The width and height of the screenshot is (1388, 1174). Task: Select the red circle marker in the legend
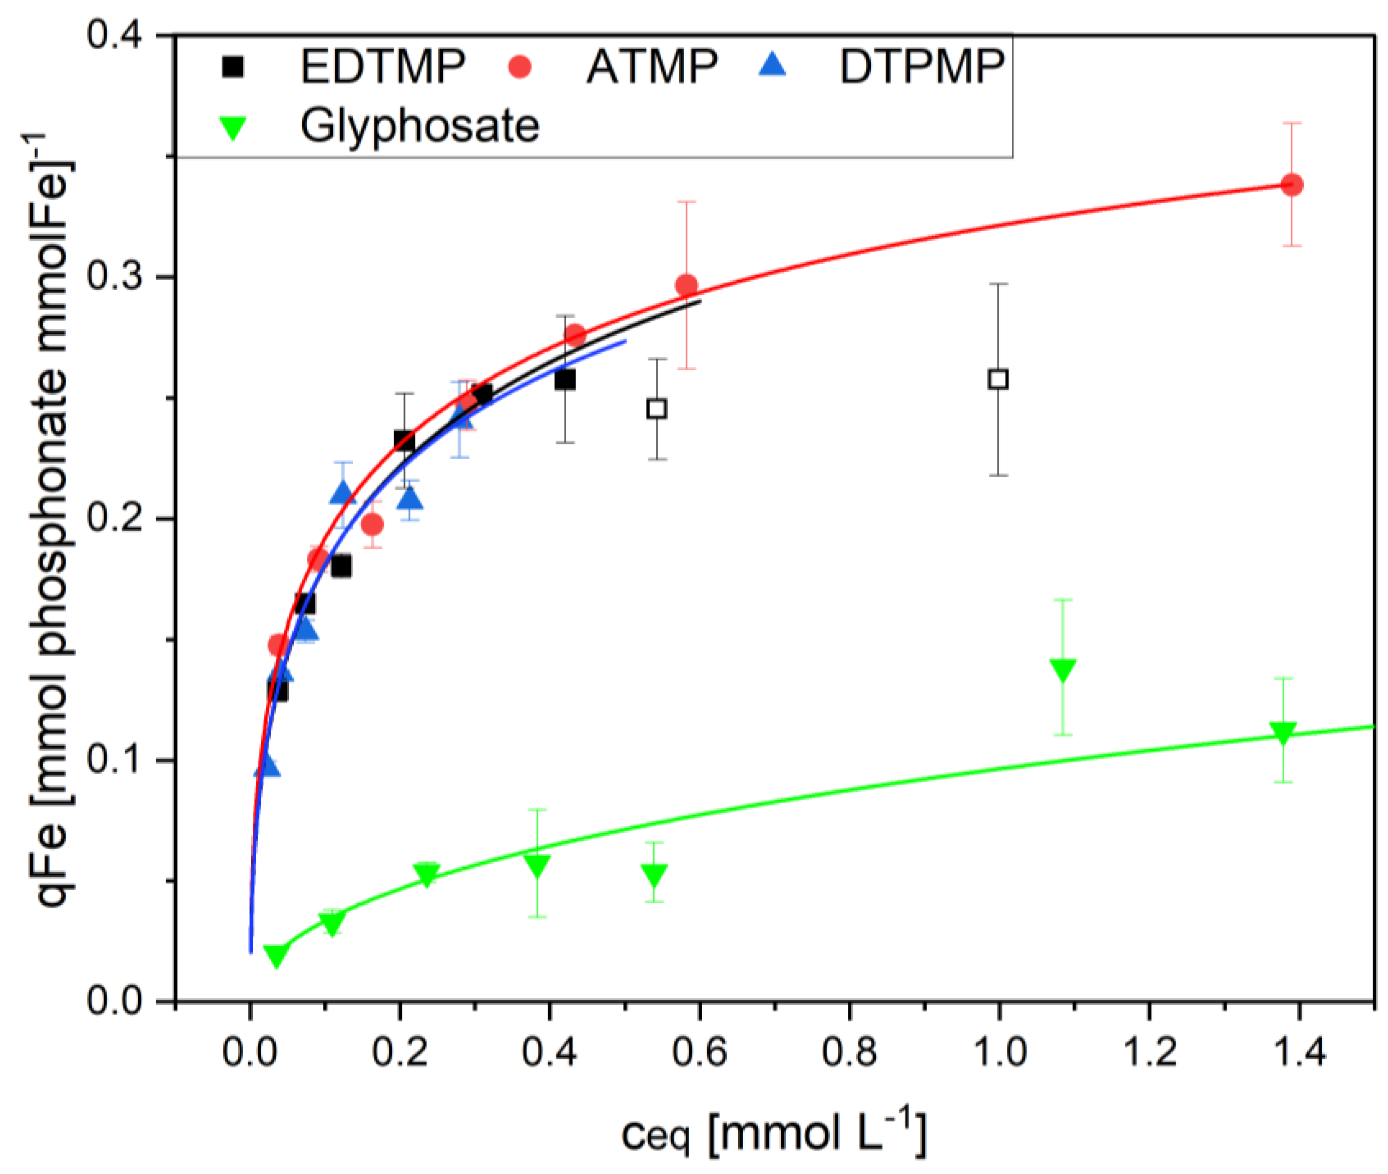point(520,67)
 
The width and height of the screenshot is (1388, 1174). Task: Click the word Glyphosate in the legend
point(419,125)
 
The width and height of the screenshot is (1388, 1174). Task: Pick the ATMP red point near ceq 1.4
point(1291,185)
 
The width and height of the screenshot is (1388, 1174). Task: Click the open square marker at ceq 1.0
point(998,380)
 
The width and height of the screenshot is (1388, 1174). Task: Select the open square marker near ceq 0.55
point(657,408)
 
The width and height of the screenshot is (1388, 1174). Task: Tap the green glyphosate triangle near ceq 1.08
point(1063,669)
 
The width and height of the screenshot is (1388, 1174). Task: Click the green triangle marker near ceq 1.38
point(1283,733)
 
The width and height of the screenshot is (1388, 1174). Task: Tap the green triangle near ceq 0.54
point(655,875)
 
